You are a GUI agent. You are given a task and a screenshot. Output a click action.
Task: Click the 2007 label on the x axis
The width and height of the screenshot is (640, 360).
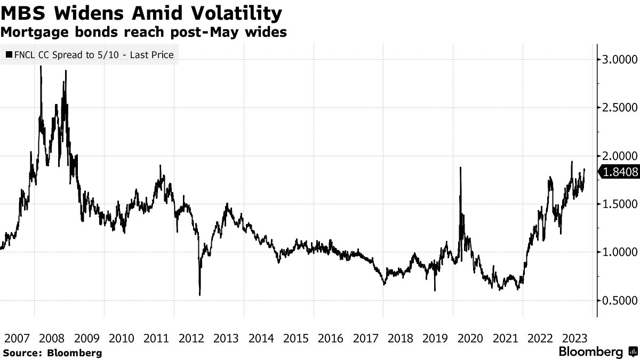click(17, 338)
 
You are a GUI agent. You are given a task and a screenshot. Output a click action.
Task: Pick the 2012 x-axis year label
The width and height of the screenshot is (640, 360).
click(191, 338)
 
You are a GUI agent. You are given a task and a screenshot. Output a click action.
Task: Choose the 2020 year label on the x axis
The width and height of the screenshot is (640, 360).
click(471, 338)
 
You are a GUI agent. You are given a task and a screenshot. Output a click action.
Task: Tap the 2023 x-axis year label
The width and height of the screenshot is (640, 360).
click(575, 338)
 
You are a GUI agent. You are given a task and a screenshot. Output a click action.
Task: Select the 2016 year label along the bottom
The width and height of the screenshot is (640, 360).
click(331, 338)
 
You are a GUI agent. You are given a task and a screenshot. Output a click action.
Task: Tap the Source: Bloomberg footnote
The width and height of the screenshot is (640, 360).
click(52, 353)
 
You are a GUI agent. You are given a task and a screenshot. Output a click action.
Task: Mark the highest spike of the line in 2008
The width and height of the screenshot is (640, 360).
click(41, 67)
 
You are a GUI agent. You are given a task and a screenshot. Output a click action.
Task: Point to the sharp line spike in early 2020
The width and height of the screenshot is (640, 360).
click(460, 168)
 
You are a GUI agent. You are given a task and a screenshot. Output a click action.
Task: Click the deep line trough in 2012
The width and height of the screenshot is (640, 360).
click(199, 294)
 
